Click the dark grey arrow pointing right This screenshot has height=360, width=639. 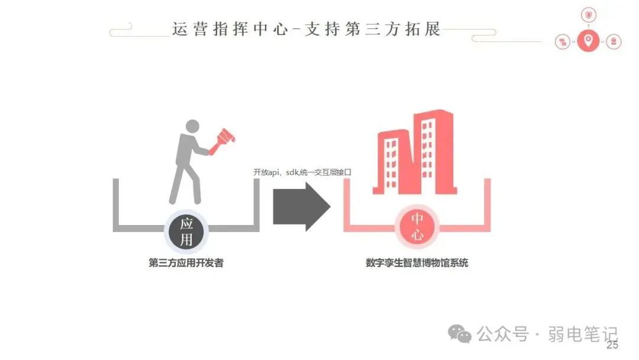[301, 206]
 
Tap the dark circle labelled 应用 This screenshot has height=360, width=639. [186, 231]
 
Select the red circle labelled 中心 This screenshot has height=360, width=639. [417, 227]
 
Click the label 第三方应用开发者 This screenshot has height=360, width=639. [186, 263]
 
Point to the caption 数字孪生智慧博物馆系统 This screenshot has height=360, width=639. [417, 263]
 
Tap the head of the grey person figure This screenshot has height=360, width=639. [193, 126]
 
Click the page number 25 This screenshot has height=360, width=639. [612, 345]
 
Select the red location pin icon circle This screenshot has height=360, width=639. [588, 41]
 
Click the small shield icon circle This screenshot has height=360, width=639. [588, 15]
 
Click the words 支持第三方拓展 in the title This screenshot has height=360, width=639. [373, 29]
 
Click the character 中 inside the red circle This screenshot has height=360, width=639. [417, 219]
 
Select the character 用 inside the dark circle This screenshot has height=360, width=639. [186, 239]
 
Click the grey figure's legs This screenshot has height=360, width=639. [185, 181]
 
